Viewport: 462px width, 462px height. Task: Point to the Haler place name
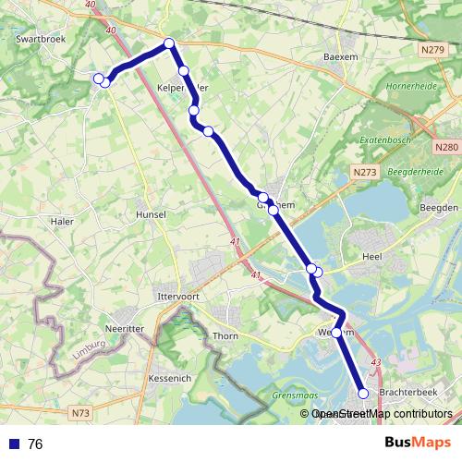[x=63, y=221]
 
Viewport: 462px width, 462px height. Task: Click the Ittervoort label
[x=179, y=297]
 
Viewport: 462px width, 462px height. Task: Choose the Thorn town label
[x=225, y=336]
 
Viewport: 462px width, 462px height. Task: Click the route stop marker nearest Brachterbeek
[x=363, y=394]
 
